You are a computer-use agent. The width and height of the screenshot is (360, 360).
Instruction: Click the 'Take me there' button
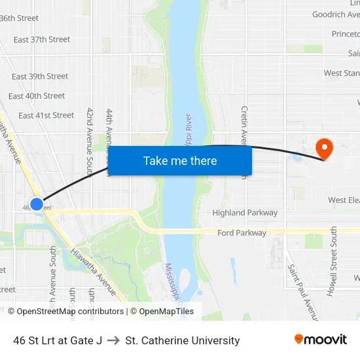click(180, 161)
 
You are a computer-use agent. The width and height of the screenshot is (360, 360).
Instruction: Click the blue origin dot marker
click(37, 204)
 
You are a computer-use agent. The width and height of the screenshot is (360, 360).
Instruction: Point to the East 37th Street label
click(42, 39)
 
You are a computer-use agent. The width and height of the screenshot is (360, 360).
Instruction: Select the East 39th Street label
click(40, 77)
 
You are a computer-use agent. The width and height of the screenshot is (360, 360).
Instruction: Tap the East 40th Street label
click(37, 96)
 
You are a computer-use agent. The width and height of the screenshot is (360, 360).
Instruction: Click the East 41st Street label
click(46, 116)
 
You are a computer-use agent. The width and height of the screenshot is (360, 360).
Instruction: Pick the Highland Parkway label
click(245, 213)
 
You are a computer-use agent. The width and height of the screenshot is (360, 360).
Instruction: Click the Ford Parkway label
click(242, 233)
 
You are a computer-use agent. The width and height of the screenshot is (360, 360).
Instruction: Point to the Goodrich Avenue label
click(336, 14)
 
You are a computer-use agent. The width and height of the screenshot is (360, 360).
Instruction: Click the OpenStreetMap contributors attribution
click(65, 312)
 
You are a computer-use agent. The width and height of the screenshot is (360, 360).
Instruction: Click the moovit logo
click(321, 340)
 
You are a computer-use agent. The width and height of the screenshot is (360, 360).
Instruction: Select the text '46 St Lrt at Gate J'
click(58, 340)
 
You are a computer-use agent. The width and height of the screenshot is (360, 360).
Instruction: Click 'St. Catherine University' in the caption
click(183, 340)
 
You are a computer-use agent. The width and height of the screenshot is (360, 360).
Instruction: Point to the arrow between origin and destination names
click(113, 340)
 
